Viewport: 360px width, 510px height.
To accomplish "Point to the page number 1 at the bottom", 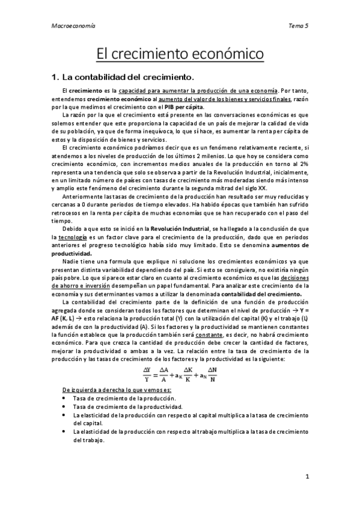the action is (307, 477).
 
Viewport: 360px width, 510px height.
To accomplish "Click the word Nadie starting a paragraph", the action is (72, 262).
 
